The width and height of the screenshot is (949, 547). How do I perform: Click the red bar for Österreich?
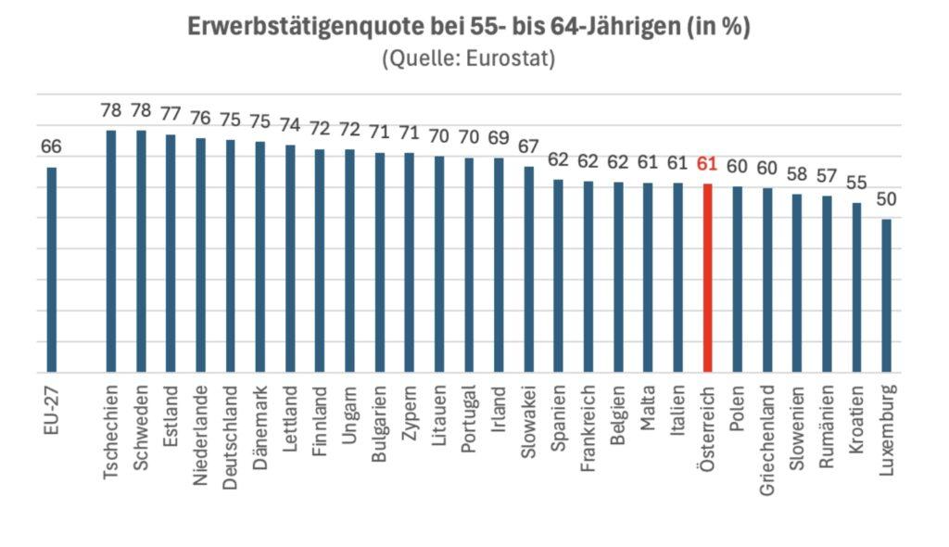click(707, 278)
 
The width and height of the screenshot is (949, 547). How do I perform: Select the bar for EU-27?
click(52, 270)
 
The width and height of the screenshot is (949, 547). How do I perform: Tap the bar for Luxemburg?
click(887, 296)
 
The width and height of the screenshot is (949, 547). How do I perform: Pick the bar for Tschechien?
click(111, 251)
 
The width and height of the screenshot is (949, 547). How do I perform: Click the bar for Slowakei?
click(529, 270)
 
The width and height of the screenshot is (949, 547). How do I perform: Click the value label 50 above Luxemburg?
click(887, 199)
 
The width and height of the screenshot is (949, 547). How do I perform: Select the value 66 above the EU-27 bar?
click(52, 148)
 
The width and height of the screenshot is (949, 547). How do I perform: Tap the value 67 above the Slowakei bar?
click(529, 147)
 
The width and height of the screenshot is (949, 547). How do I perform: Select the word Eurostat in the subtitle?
click(510, 58)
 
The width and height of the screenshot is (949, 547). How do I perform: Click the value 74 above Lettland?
click(291, 126)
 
